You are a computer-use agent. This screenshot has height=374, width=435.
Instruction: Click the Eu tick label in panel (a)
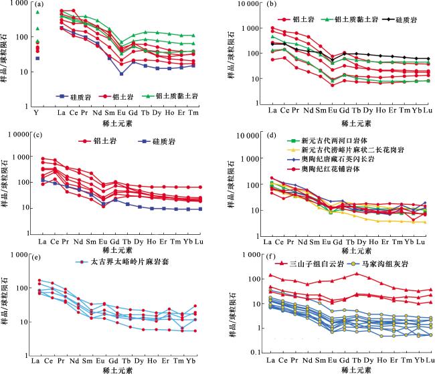121,111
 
